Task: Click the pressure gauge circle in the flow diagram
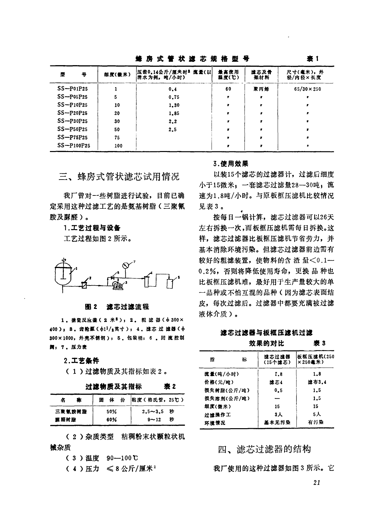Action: click(x=126, y=265)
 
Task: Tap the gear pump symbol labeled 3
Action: click(x=115, y=285)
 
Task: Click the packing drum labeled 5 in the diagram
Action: click(x=169, y=283)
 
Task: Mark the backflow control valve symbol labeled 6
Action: click(x=113, y=277)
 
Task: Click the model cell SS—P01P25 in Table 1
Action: click(x=73, y=89)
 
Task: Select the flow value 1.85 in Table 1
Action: click(x=174, y=113)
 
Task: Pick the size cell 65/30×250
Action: click(x=307, y=89)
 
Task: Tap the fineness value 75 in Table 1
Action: click(x=117, y=137)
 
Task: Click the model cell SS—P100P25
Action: click(x=74, y=146)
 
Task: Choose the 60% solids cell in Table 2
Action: click(x=111, y=419)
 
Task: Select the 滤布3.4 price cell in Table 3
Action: click(x=317, y=382)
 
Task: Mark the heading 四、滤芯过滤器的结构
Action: click(x=265, y=449)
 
